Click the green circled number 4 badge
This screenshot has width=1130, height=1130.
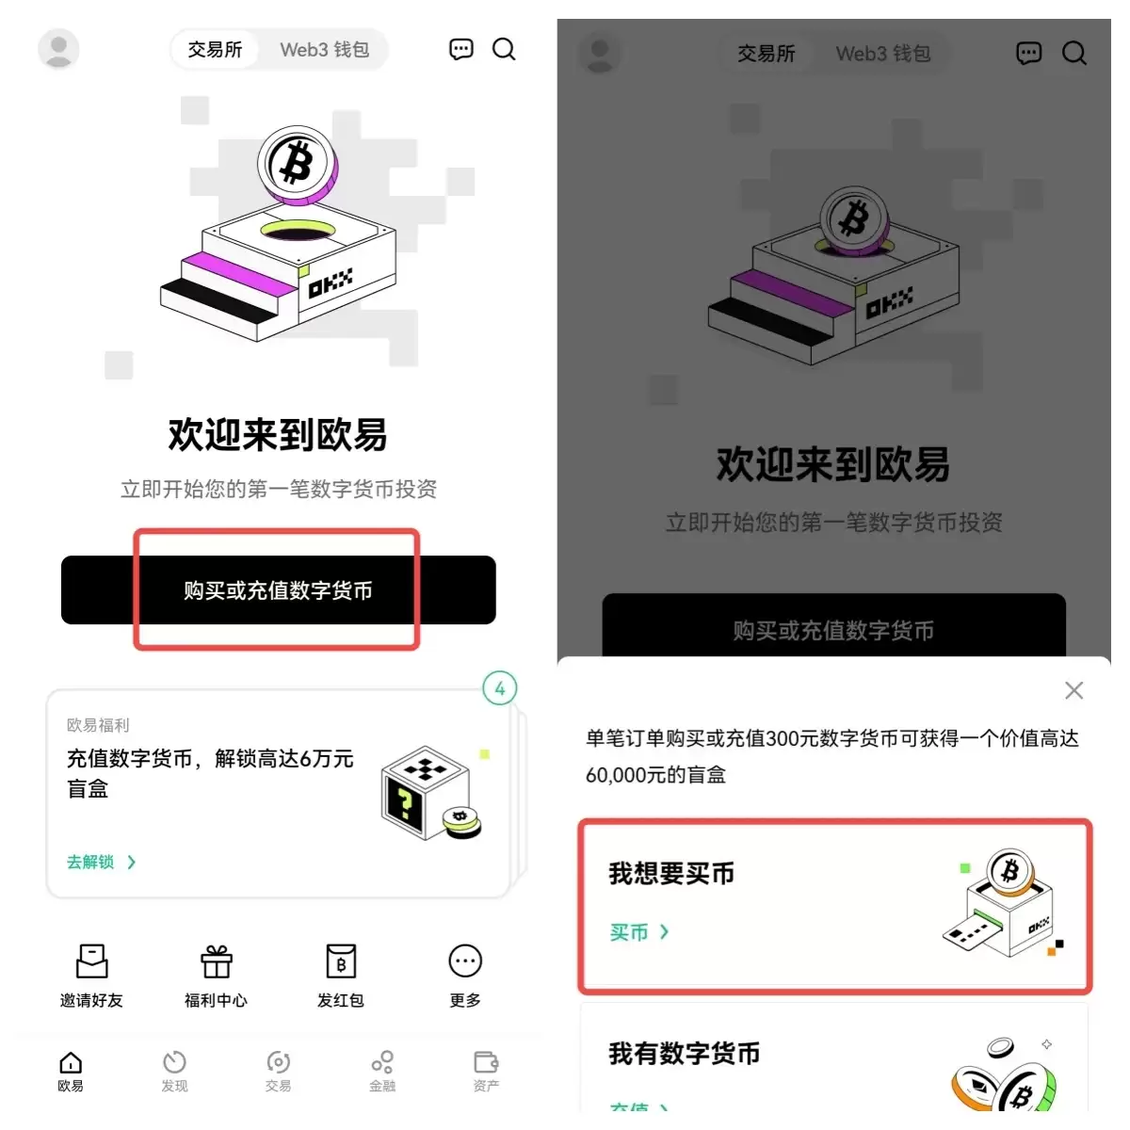[x=499, y=688]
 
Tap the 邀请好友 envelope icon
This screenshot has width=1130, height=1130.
[x=91, y=961]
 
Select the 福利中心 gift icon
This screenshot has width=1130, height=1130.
[x=216, y=961]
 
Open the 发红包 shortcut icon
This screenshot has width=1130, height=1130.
[x=340, y=961]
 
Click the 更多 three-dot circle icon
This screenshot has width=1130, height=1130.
[x=465, y=961]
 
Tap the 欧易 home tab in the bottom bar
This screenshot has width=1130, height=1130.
[x=71, y=1071]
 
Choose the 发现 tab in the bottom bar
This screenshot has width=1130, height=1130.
[x=174, y=1071]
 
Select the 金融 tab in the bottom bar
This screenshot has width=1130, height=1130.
[x=382, y=1071]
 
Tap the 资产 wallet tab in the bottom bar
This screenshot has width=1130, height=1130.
[x=486, y=1071]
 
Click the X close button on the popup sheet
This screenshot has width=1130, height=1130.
[x=1073, y=690]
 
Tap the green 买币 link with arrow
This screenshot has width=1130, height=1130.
[x=638, y=932]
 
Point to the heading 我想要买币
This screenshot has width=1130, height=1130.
[x=671, y=874]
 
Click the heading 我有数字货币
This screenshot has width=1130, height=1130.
[x=685, y=1054]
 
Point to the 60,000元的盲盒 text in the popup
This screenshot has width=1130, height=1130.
[x=655, y=775]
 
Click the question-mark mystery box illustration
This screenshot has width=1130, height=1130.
[x=428, y=793]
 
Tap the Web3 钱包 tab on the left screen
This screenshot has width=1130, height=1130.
[x=324, y=50]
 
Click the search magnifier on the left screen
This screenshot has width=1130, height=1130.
[x=504, y=50]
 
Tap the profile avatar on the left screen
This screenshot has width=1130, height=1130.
[x=58, y=49]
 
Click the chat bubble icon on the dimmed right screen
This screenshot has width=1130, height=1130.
[x=1028, y=54]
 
